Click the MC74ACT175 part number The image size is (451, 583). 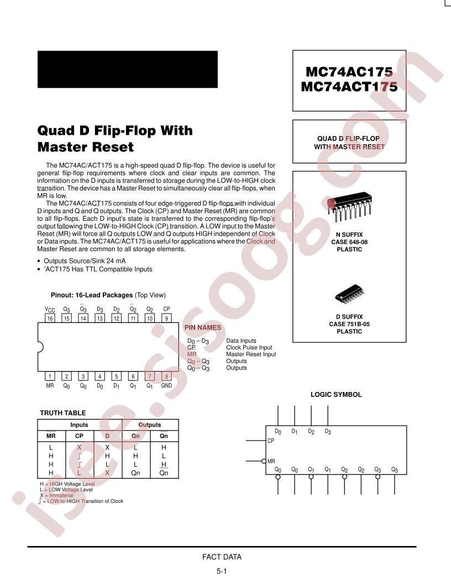pos(349,87)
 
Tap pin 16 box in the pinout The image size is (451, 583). pos(50,318)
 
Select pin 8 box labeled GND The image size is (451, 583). pos(166,376)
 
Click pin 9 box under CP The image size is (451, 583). pos(166,318)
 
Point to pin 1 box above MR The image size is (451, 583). pos(50,376)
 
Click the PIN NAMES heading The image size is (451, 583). pos(203,327)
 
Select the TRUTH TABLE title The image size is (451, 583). pos(63,413)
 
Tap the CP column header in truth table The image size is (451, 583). pos(79,436)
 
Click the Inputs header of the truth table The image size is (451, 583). pos(79,425)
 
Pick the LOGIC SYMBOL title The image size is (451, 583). pos(336,395)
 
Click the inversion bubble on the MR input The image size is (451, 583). pos(264,461)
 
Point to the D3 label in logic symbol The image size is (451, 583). pos(327,432)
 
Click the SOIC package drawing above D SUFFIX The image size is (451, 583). pos(349,294)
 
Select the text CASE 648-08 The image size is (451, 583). pos(349,242)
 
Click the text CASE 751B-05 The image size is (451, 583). pos(349,324)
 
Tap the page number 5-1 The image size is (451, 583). pos(222,571)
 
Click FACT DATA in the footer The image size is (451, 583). pos(222,557)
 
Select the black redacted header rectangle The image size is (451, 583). pos(128,70)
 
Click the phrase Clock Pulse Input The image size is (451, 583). pos(249,347)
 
